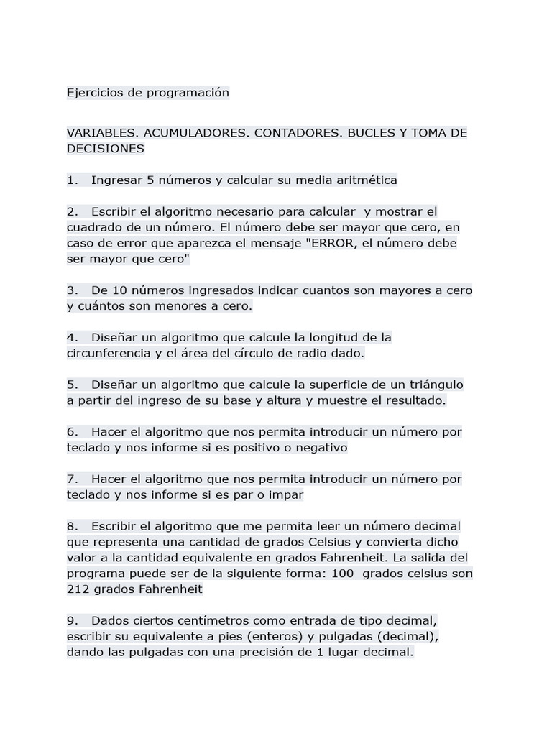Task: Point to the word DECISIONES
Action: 106,149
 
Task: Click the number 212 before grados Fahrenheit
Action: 78,589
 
